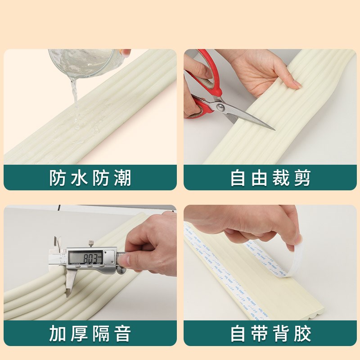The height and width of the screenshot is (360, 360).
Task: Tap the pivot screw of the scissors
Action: pos(220,107)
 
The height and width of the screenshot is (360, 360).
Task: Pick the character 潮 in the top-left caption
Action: pos(122,178)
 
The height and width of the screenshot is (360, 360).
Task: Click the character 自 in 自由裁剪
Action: pos(238,178)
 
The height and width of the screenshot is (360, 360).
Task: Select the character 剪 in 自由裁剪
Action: pos(302,178)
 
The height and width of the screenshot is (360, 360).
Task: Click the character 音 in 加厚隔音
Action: pos(122,334)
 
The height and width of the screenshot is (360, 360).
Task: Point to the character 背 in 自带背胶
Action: pos(281,334)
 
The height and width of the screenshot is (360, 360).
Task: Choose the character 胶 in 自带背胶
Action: pos(302,334)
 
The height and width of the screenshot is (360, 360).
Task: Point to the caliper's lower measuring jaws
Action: pos(69,283)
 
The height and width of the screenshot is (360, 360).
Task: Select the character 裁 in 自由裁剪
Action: pos(281,178)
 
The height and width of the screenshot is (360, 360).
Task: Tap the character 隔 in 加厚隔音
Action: pos(101,334)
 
